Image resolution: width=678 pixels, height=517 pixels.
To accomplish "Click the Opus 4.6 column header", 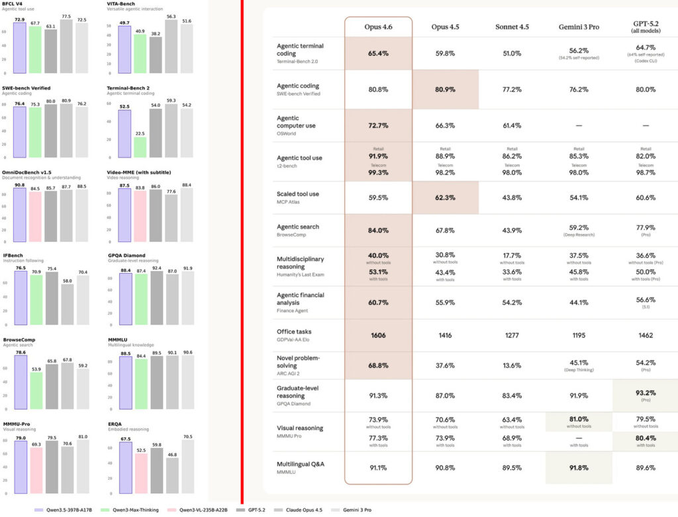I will point(378,27).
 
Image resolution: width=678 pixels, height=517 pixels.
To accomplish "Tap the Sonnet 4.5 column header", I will point(512,27).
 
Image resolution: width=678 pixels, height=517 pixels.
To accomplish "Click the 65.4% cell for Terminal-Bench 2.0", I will point(378,53).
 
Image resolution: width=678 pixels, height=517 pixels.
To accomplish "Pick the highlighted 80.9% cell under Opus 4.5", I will point(445,89).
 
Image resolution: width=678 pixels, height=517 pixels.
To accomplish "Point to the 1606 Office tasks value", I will point(378,335).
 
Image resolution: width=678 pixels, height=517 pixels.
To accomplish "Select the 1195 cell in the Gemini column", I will point(579,335).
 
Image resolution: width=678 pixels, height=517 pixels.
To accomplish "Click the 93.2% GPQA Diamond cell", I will point(646,394).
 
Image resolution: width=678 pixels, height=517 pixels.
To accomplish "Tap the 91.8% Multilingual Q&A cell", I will point(579,468).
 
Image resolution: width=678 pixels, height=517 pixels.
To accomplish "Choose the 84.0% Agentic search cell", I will point(378,231).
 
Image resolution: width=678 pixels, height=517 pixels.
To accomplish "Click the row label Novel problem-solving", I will point(298,362).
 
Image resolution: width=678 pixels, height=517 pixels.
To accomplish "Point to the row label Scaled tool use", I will point(297,194).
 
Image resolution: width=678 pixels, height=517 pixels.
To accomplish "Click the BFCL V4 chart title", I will point(14,5).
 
